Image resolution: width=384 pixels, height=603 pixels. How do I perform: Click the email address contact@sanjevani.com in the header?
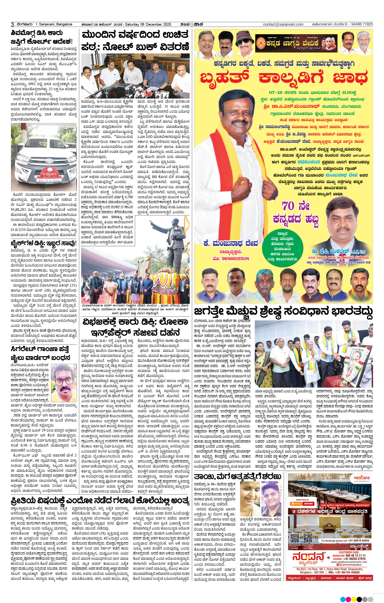283,24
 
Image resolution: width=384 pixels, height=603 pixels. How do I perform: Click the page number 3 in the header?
12,24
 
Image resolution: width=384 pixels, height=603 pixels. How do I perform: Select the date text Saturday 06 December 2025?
148,24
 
